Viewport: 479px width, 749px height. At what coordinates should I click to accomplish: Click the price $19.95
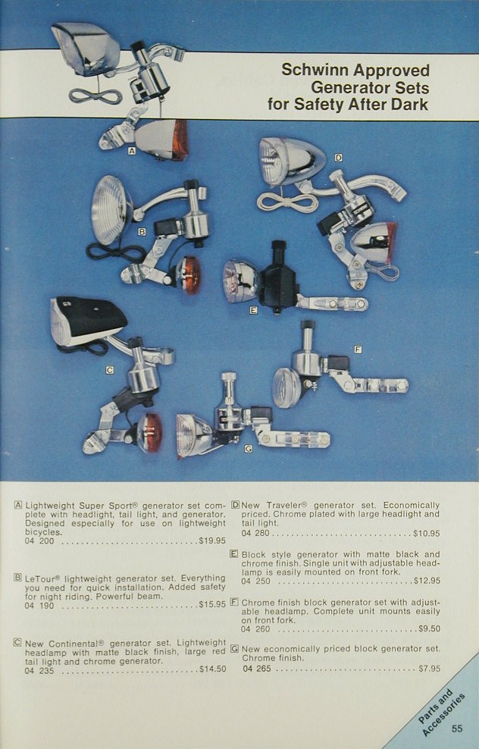(x=212, y=541)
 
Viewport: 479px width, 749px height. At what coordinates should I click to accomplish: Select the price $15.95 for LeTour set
(x=212, y=605)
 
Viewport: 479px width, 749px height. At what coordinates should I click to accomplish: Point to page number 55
(x=457, y=729)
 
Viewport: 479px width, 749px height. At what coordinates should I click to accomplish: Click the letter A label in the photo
(x=132, y=151)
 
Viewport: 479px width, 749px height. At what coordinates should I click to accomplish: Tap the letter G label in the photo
(x=249, y=449)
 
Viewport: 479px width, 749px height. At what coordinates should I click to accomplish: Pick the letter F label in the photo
(x=358, y=349)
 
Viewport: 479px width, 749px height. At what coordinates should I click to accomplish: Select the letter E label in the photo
(x=253, y=310)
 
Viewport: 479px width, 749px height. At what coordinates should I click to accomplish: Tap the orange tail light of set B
(x=188, y=277)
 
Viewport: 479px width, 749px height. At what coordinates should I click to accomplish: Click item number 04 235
(x=39, y=670)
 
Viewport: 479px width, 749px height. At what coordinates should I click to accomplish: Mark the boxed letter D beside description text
(x=235, y=505)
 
